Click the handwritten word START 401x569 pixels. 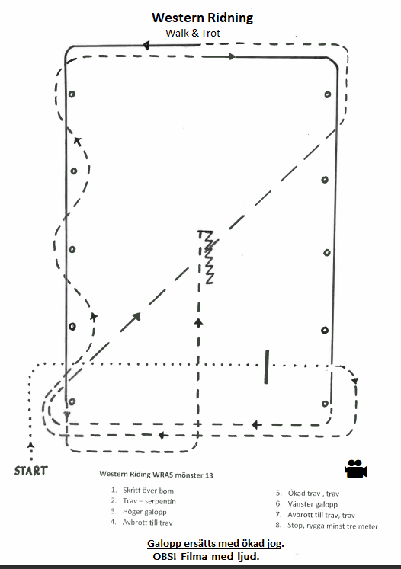[30, 471]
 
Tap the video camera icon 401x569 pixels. [356, 468]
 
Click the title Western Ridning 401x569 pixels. [202, 18]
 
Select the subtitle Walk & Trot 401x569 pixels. [193, 33]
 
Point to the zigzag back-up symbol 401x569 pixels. [207, 257]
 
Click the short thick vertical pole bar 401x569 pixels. [267, 366]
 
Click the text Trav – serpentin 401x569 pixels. [149, 501]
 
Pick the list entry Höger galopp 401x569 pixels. [145, 512]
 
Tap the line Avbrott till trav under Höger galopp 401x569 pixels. [147, 523]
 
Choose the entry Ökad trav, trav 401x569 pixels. [313, 494]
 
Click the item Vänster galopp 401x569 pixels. [313, 504]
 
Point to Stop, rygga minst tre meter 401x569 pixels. [332, 526]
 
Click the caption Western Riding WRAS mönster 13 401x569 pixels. [156, 475]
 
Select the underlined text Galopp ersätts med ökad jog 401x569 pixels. [216, 544]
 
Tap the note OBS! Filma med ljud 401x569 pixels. [206, 556]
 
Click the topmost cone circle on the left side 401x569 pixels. [72, 94]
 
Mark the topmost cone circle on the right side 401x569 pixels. [328, 94]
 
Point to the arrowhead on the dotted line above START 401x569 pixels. [31, 445]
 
